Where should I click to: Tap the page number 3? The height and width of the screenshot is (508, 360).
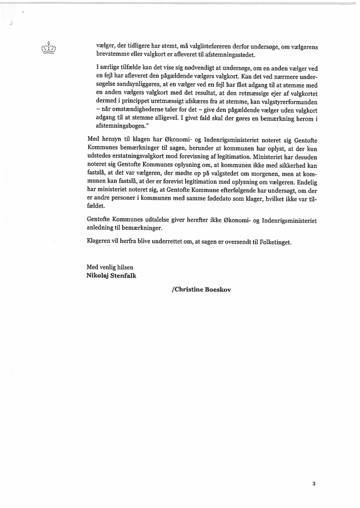pyautogui.click(x=313, y=484)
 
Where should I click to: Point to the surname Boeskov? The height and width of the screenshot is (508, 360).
pyautogui.click(x=218, y=290)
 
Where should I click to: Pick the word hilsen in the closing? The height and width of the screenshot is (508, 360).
pyautogui.click(x=124, y=267)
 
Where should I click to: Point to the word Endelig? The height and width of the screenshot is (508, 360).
pyautogui.click(x=306, y=182)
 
